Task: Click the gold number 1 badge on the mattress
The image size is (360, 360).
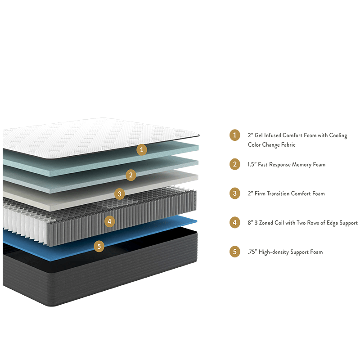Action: pyautogui.click(x=142, y=150)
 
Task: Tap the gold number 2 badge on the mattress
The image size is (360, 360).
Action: pyautogui.click(x=131, y=175)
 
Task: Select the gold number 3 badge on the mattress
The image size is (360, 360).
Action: pyautogui.click(x=119, y=194)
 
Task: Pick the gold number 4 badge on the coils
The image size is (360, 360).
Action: pyautogui.click(x=109, y=221)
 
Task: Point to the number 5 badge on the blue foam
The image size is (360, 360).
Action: pyautogui.click(x=99, y=247)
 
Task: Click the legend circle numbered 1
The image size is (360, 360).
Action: pyautogui.click(x=234, y=135)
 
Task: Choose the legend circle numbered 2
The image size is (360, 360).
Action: pyautogui.click(x=234, y=164)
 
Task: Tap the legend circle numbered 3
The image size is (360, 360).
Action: pyautogui.click(x=234, y=193)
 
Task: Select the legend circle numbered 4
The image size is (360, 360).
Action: pyautogui.click(x=234, y=222)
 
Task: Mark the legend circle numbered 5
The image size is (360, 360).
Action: pyautogui.click(x=234, y=252)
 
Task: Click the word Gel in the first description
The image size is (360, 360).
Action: pyautogui.click(x=258, y=135)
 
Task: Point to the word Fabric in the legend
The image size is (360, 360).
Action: pyautogui.click(x=288, y=144)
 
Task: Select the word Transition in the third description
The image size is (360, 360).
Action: pyautogui.click(x=278, y=193)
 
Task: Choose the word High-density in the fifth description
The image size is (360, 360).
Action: pyautogui.click(x=274, y=252)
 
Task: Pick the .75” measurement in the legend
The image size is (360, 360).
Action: pyautogui.click(x=252, y=252)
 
